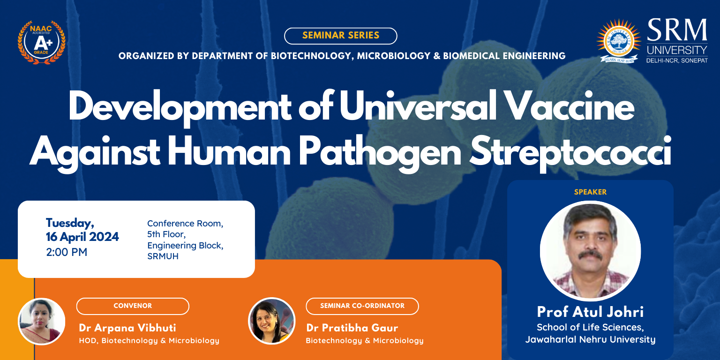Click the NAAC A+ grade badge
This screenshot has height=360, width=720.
(41, 43)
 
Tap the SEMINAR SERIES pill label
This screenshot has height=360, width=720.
(341, 36)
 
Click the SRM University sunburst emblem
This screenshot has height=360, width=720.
(618, 41)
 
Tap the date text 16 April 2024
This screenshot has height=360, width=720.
(82, 237)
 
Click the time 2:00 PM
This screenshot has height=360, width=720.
(67, 252)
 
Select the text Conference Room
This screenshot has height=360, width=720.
(185, 224)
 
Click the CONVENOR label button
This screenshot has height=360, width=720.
(133, 306)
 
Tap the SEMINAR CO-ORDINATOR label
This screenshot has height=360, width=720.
(362, 306)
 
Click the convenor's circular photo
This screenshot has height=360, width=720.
(41, 322)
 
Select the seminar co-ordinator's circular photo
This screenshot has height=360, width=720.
(271, 321)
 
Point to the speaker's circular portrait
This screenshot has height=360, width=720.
(591, 251)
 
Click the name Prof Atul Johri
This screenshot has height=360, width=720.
(591, 312)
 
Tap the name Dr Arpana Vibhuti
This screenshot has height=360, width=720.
(127, 328)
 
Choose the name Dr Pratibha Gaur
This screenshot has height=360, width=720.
(352, 328)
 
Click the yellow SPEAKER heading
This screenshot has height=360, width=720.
(591, 192)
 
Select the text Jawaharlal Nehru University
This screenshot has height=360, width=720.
(591, 339)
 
